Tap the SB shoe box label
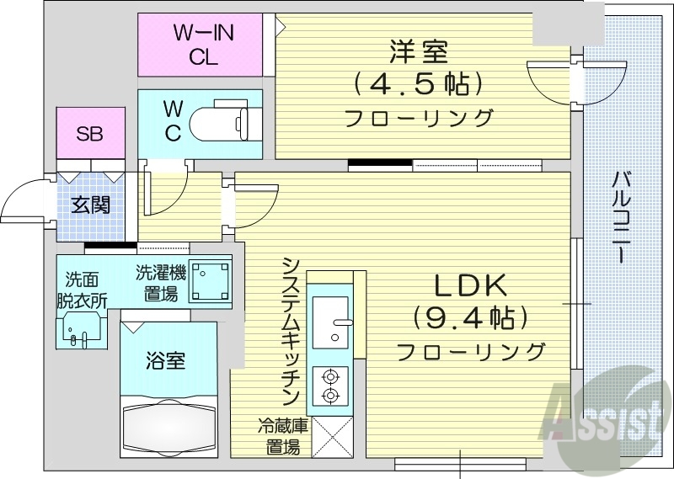click(x=90, y=133)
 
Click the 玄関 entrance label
click(x=90, y=204)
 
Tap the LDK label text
click(x=470, y=287)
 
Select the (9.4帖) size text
click(x=470, y=318)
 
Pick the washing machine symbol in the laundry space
click(x=209, y=280)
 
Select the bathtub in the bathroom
click(x=174, y=424)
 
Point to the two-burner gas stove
click(x=329, y=386)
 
